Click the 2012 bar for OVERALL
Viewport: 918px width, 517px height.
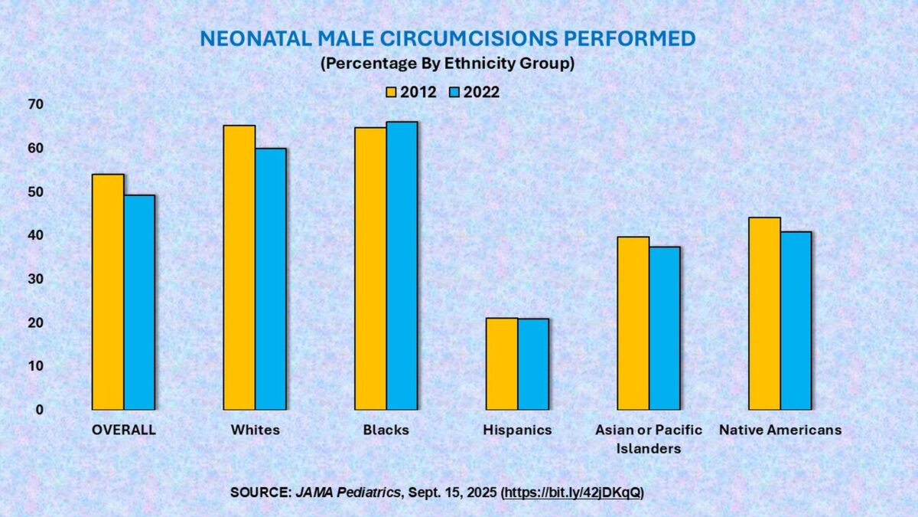click(108, 292)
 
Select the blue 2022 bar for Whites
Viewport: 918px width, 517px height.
click(271, 279)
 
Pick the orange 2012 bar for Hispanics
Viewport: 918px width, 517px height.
click(502, 364)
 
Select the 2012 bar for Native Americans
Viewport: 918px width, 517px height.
click(764, 313)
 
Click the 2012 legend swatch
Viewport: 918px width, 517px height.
click(389, 93)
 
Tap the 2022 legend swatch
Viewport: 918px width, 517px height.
click(453, 93)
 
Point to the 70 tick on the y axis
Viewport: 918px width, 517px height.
click(36, 104)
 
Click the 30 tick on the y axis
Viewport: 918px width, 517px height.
click(36, 279)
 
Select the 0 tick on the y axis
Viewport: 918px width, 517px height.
click(40, 410)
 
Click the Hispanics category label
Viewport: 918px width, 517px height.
click(517, 430)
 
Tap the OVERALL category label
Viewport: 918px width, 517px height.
click(123, 430)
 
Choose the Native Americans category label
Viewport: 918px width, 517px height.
click(780, 430)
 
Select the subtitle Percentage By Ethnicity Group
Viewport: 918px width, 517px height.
click(448, 64)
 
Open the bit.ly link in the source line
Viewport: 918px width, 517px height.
click(572, 492)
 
